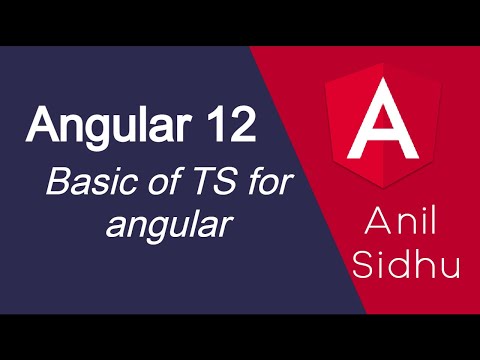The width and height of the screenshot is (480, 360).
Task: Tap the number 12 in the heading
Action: point(234,125)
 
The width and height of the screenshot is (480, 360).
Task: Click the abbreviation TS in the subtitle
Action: point(197,184)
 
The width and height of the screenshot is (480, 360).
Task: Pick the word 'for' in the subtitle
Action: point(251,184)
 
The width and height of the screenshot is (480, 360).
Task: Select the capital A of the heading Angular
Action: point(43,125)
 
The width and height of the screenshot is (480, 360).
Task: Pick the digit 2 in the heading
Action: point(248,125)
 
